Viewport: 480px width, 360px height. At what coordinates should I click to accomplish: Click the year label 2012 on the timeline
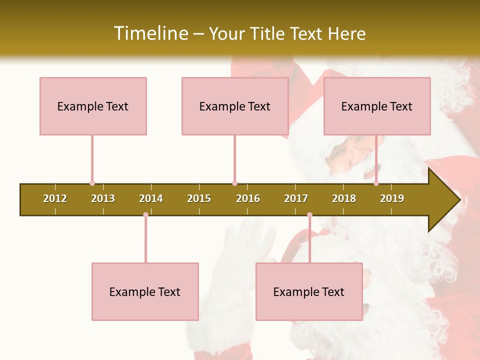[x=55, y=198]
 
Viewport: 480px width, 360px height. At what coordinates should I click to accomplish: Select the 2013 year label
[x=103, y=198]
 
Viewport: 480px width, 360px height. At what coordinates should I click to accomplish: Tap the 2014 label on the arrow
[x=151, y=198]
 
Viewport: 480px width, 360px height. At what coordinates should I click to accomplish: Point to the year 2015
[x=199, y=198]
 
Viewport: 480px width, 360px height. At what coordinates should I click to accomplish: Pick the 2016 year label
[x=248, y=198]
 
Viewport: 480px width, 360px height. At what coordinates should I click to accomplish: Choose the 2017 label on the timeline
[x=296, y=198]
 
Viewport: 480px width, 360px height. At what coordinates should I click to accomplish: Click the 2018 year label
[x=344, y=198]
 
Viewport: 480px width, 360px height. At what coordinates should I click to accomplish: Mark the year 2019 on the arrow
[x=392, y=198]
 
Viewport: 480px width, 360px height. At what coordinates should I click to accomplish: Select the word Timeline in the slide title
[x=150, y=33]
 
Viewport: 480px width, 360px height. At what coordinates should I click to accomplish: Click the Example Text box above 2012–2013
[x=93, y=106]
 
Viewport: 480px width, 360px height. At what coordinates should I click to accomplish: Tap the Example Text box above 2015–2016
[x=235, y=106]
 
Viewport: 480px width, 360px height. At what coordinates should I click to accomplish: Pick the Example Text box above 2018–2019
[x=377, y=106]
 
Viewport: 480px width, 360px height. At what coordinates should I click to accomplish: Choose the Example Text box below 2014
[x=145, y=291]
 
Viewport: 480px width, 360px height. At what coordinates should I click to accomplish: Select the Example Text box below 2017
[x=309, y=291]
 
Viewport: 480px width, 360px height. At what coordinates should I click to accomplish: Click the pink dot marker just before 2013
[x=92, y=183]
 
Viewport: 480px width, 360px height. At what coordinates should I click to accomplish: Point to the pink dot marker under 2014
[x=145, y=215]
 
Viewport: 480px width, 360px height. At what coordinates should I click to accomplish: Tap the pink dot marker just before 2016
[x=234, y=183]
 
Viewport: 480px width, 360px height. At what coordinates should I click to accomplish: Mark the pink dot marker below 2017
[x=309, y=215]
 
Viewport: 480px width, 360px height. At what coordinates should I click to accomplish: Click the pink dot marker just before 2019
[x=376, y=183]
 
